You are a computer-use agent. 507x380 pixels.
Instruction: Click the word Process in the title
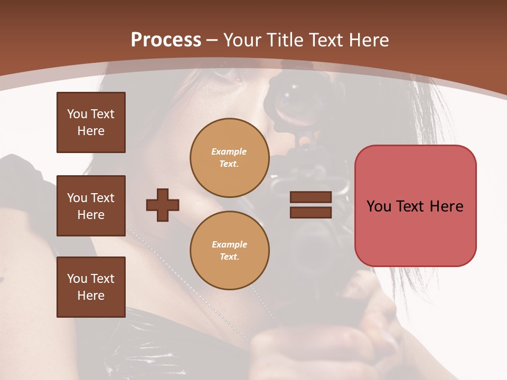point(166,40)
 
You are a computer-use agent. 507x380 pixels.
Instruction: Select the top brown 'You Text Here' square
point(91,122)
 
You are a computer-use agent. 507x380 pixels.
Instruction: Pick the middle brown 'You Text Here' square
point(91,206)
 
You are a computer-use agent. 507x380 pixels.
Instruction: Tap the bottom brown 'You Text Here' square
point(91,287)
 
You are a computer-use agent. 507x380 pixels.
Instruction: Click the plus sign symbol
point(163,205)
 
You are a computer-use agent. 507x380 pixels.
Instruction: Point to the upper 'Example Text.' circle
point(229,158)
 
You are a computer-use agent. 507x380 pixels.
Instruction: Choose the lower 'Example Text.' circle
point(229,251)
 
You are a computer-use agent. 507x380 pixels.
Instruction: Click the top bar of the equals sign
point(311,197)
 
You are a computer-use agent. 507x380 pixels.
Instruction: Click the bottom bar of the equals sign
point(311,212)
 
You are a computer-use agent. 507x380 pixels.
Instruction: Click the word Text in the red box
point(410,206)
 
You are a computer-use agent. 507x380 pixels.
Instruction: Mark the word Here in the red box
point(447,206)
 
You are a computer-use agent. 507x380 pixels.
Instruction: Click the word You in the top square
point(77,114)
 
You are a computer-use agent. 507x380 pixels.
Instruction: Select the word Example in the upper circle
point(229,152)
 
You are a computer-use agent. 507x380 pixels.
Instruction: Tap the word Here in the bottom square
point(91,296)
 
